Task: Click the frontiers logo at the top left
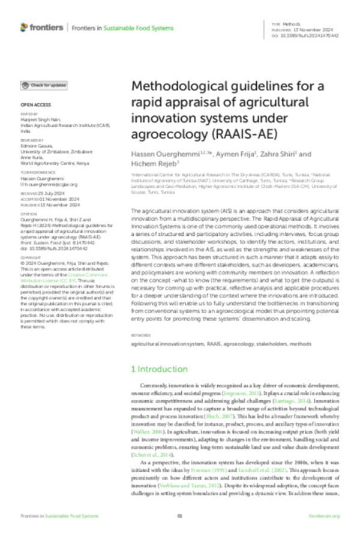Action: coord(41,27)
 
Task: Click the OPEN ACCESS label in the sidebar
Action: coord(31,104)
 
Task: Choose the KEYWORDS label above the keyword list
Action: coord(140,335)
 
